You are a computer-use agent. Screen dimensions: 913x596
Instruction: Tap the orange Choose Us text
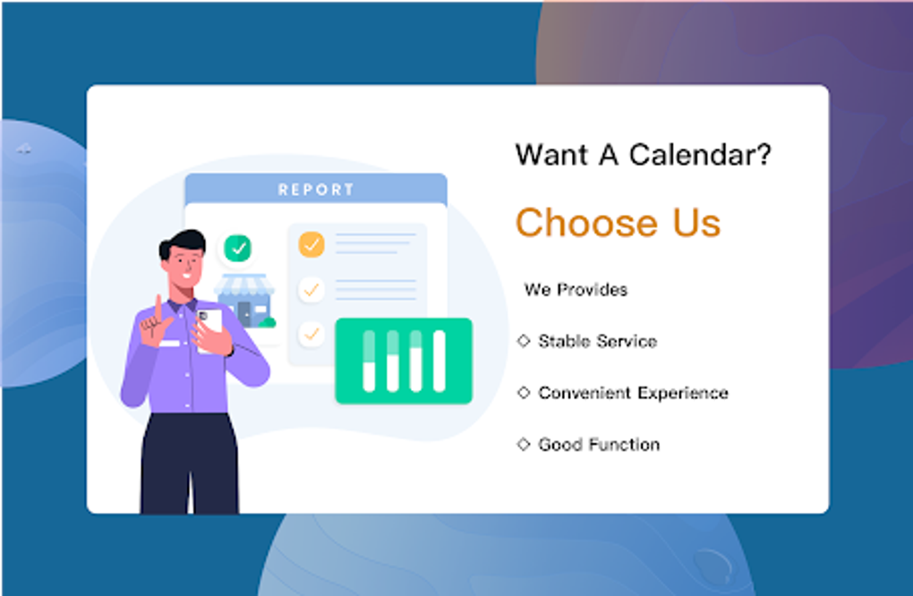(618, 222)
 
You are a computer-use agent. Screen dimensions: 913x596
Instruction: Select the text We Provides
(576, 289)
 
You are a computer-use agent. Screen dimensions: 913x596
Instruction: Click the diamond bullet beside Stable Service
(524, 340)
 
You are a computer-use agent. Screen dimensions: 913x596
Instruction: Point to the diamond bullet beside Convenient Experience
(524, 392)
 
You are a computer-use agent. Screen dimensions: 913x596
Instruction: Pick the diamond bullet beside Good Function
(524, 444)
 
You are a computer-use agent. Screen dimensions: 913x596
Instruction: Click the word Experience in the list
(682, 394)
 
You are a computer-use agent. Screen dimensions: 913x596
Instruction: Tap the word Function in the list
(624, 445)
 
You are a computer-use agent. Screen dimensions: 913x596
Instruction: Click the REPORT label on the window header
(316, 189)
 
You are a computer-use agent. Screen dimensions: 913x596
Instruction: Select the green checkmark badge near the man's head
(237, 249)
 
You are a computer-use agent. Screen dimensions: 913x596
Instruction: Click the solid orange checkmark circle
(311, 244)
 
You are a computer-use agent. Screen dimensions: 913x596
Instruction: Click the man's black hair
(183, 243)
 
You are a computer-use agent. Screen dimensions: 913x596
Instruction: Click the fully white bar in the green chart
(439, 361)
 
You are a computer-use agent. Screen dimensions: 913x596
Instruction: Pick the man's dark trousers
(190, 464)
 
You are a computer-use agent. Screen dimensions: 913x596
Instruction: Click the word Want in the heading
(552, 156)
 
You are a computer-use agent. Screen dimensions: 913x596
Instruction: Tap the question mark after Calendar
(764, 154)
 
